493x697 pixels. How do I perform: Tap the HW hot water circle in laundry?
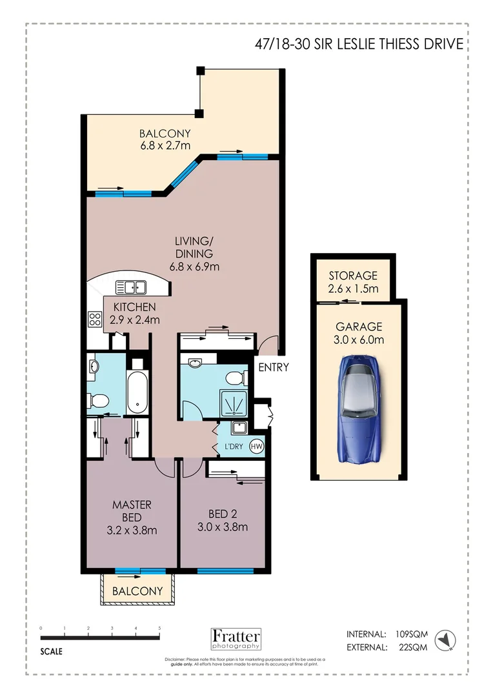(256, 446)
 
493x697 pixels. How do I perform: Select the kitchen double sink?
(131, 287)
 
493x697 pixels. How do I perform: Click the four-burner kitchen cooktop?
(96, 319)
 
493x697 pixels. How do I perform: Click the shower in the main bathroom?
(233, 404)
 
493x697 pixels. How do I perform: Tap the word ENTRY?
(273, 368)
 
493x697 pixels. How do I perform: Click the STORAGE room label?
(353, 276)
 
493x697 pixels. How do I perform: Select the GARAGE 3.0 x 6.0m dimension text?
(359, 340)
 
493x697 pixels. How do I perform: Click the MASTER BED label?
(132, 510)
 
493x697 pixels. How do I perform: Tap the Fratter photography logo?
(236, 638)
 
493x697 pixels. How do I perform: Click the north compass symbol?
(445, 640)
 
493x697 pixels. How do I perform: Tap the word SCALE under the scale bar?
(52, 652)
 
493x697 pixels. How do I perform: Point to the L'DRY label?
(233, 447)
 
